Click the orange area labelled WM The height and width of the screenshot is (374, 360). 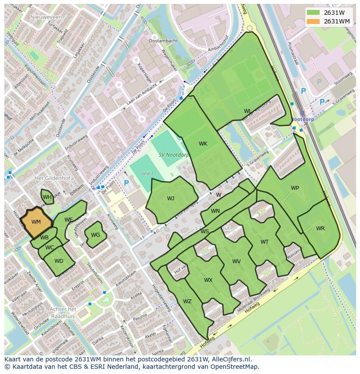tap(36, 222)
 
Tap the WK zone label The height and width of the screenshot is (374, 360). tap(203, 144)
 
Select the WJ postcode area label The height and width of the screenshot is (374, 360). tap(170, 199)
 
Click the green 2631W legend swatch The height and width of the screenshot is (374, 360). tap(313, 13)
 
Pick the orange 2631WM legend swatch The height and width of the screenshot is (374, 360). tap(313, 21)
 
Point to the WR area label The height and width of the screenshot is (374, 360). tap(320, 228)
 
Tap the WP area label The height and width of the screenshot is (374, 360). tap(295, 188)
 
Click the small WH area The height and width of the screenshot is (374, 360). tap(47, 197)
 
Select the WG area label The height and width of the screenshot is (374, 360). tap(96, 235)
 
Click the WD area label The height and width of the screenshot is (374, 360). tap(59, 261)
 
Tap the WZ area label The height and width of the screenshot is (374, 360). tap(187, 301)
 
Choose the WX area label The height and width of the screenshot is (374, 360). tap(208, 280)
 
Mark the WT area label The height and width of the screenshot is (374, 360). tap(264, 242)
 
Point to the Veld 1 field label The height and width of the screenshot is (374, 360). tap(147, 174)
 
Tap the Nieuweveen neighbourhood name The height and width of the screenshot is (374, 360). tap(47, 17)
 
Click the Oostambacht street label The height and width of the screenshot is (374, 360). tap(163, 41)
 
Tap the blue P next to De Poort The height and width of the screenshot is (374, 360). tap(127, 183)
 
